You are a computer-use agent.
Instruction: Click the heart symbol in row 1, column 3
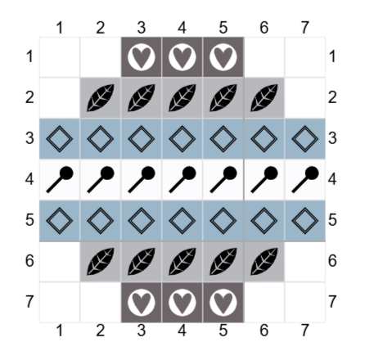click(142, 57)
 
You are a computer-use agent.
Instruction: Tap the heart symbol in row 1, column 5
click(223, 57)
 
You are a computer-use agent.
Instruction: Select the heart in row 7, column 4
click(182, 303)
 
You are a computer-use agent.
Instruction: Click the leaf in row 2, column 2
click(101, 98)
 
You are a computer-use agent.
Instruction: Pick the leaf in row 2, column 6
click(264, 98)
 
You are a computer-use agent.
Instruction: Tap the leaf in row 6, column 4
click(182, 262)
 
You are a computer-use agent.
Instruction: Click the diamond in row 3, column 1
click(60, 139)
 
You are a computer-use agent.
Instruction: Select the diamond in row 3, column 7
click(305, 139)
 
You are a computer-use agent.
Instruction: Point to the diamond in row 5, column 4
click(182, 221)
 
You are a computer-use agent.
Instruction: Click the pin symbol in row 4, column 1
click(60, 179)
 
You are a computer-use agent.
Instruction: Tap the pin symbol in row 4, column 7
click(305, 179)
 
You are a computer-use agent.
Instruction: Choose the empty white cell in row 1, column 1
click(60, 57)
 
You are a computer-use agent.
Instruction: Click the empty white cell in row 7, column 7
click(305, 303)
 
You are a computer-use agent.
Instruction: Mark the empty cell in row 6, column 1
click(60, 262)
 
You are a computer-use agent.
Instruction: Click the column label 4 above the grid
click(182, 28)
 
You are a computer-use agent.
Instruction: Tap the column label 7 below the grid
click(305, 331)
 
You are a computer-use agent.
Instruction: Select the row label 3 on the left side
click(29, 138)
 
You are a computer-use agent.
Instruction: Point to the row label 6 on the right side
click(332, 261)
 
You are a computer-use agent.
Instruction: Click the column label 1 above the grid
click(60, 28)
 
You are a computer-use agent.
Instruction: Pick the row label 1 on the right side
click(332, 56)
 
